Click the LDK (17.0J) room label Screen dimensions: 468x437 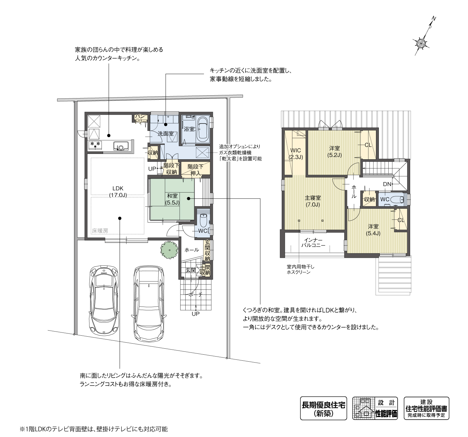pos(118,192)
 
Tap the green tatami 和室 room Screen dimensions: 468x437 pos(172,199)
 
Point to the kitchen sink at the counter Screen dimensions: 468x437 pos(121,146)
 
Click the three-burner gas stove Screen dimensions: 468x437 pos(95,145)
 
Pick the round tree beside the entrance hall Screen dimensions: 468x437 pos(169,250)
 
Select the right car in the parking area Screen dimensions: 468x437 pos(149,303)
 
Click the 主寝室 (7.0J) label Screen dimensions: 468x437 pos(313,201)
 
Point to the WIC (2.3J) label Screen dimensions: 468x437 pos(296,154)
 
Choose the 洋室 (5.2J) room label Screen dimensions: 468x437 pos(334,152)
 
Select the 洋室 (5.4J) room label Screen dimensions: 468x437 pos(373,230)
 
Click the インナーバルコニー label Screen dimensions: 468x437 pos(313,243)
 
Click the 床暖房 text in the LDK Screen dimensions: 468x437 pos(100,231)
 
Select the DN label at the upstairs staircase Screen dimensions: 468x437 pos(387,184)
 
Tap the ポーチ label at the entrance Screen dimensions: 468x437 pos(196,294)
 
